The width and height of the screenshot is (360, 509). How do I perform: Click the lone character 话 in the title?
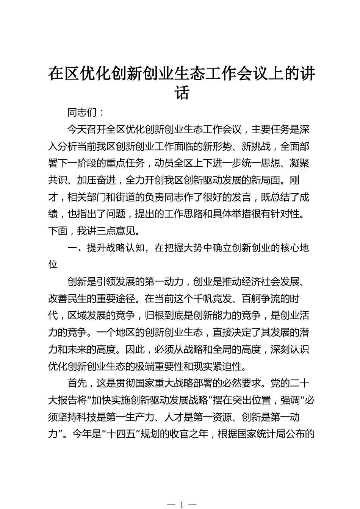[x=182, y=94]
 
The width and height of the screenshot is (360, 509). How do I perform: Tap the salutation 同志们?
[x=82, y=113]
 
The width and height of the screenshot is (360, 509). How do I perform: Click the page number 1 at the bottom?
[x=182, y=504]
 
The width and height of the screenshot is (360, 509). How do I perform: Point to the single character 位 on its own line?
[x=53, y=264]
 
